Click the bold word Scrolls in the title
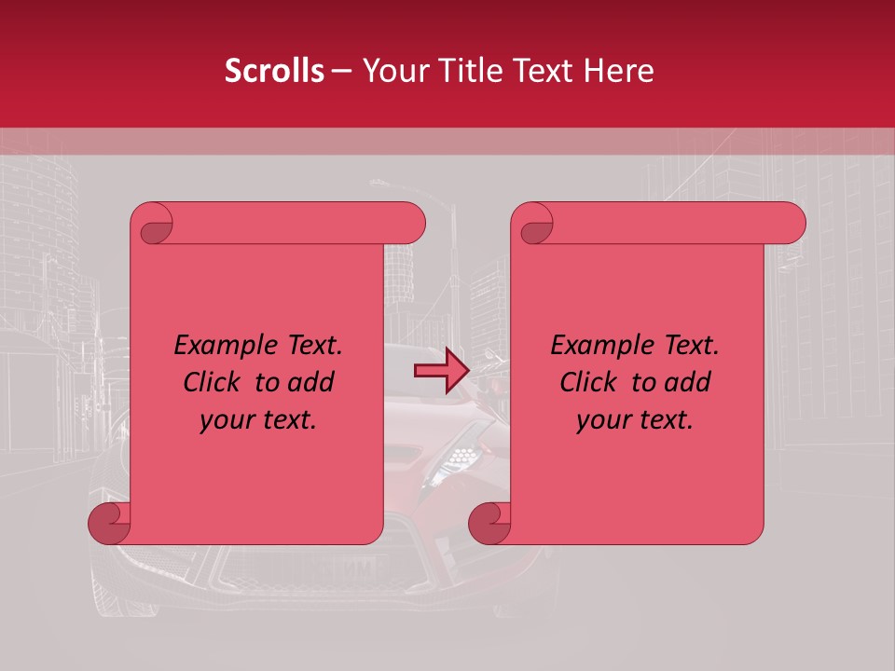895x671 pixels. [274, 71]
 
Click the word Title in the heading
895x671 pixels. [452, 71]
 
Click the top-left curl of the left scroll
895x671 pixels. [152, 224]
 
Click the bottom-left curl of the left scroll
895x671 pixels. [110, 523]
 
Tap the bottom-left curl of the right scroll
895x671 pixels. [490, 523]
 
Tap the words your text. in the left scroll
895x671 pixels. [258, 419]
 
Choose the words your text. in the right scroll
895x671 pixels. [635, 419]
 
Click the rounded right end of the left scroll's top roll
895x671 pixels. [411, 224]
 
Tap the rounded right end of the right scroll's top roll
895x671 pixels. [792, 224]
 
